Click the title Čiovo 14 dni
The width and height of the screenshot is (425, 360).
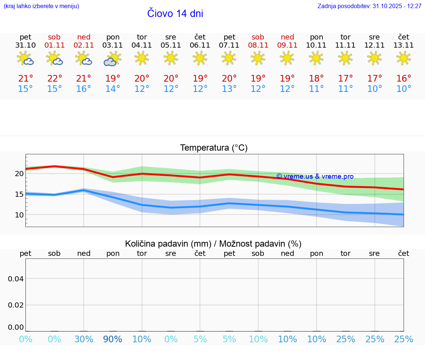(175, 14)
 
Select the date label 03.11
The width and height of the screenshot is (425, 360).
(113, 45)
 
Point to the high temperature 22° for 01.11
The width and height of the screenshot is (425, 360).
(55, 79)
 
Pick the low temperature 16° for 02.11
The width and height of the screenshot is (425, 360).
(84, 89)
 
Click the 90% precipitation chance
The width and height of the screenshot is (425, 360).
(113, 339)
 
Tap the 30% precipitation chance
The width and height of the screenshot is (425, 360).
(84, 339)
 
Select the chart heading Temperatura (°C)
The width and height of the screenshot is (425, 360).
(214, 148)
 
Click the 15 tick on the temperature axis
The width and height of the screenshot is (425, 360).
(19, 194)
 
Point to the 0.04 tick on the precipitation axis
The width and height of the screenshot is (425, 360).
(16, 278)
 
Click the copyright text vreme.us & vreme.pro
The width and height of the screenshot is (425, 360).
(315, 176)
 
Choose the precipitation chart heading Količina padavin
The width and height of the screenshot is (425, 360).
(213, 244)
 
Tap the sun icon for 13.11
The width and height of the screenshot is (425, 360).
(404, 58)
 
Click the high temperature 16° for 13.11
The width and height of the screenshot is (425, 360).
(404, 79)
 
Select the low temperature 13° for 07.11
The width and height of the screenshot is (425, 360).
(229, 89)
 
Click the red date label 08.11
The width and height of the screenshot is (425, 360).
(258, 45)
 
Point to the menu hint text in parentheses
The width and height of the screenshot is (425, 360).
(41, 6)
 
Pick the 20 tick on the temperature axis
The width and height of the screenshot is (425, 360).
(19, 174)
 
